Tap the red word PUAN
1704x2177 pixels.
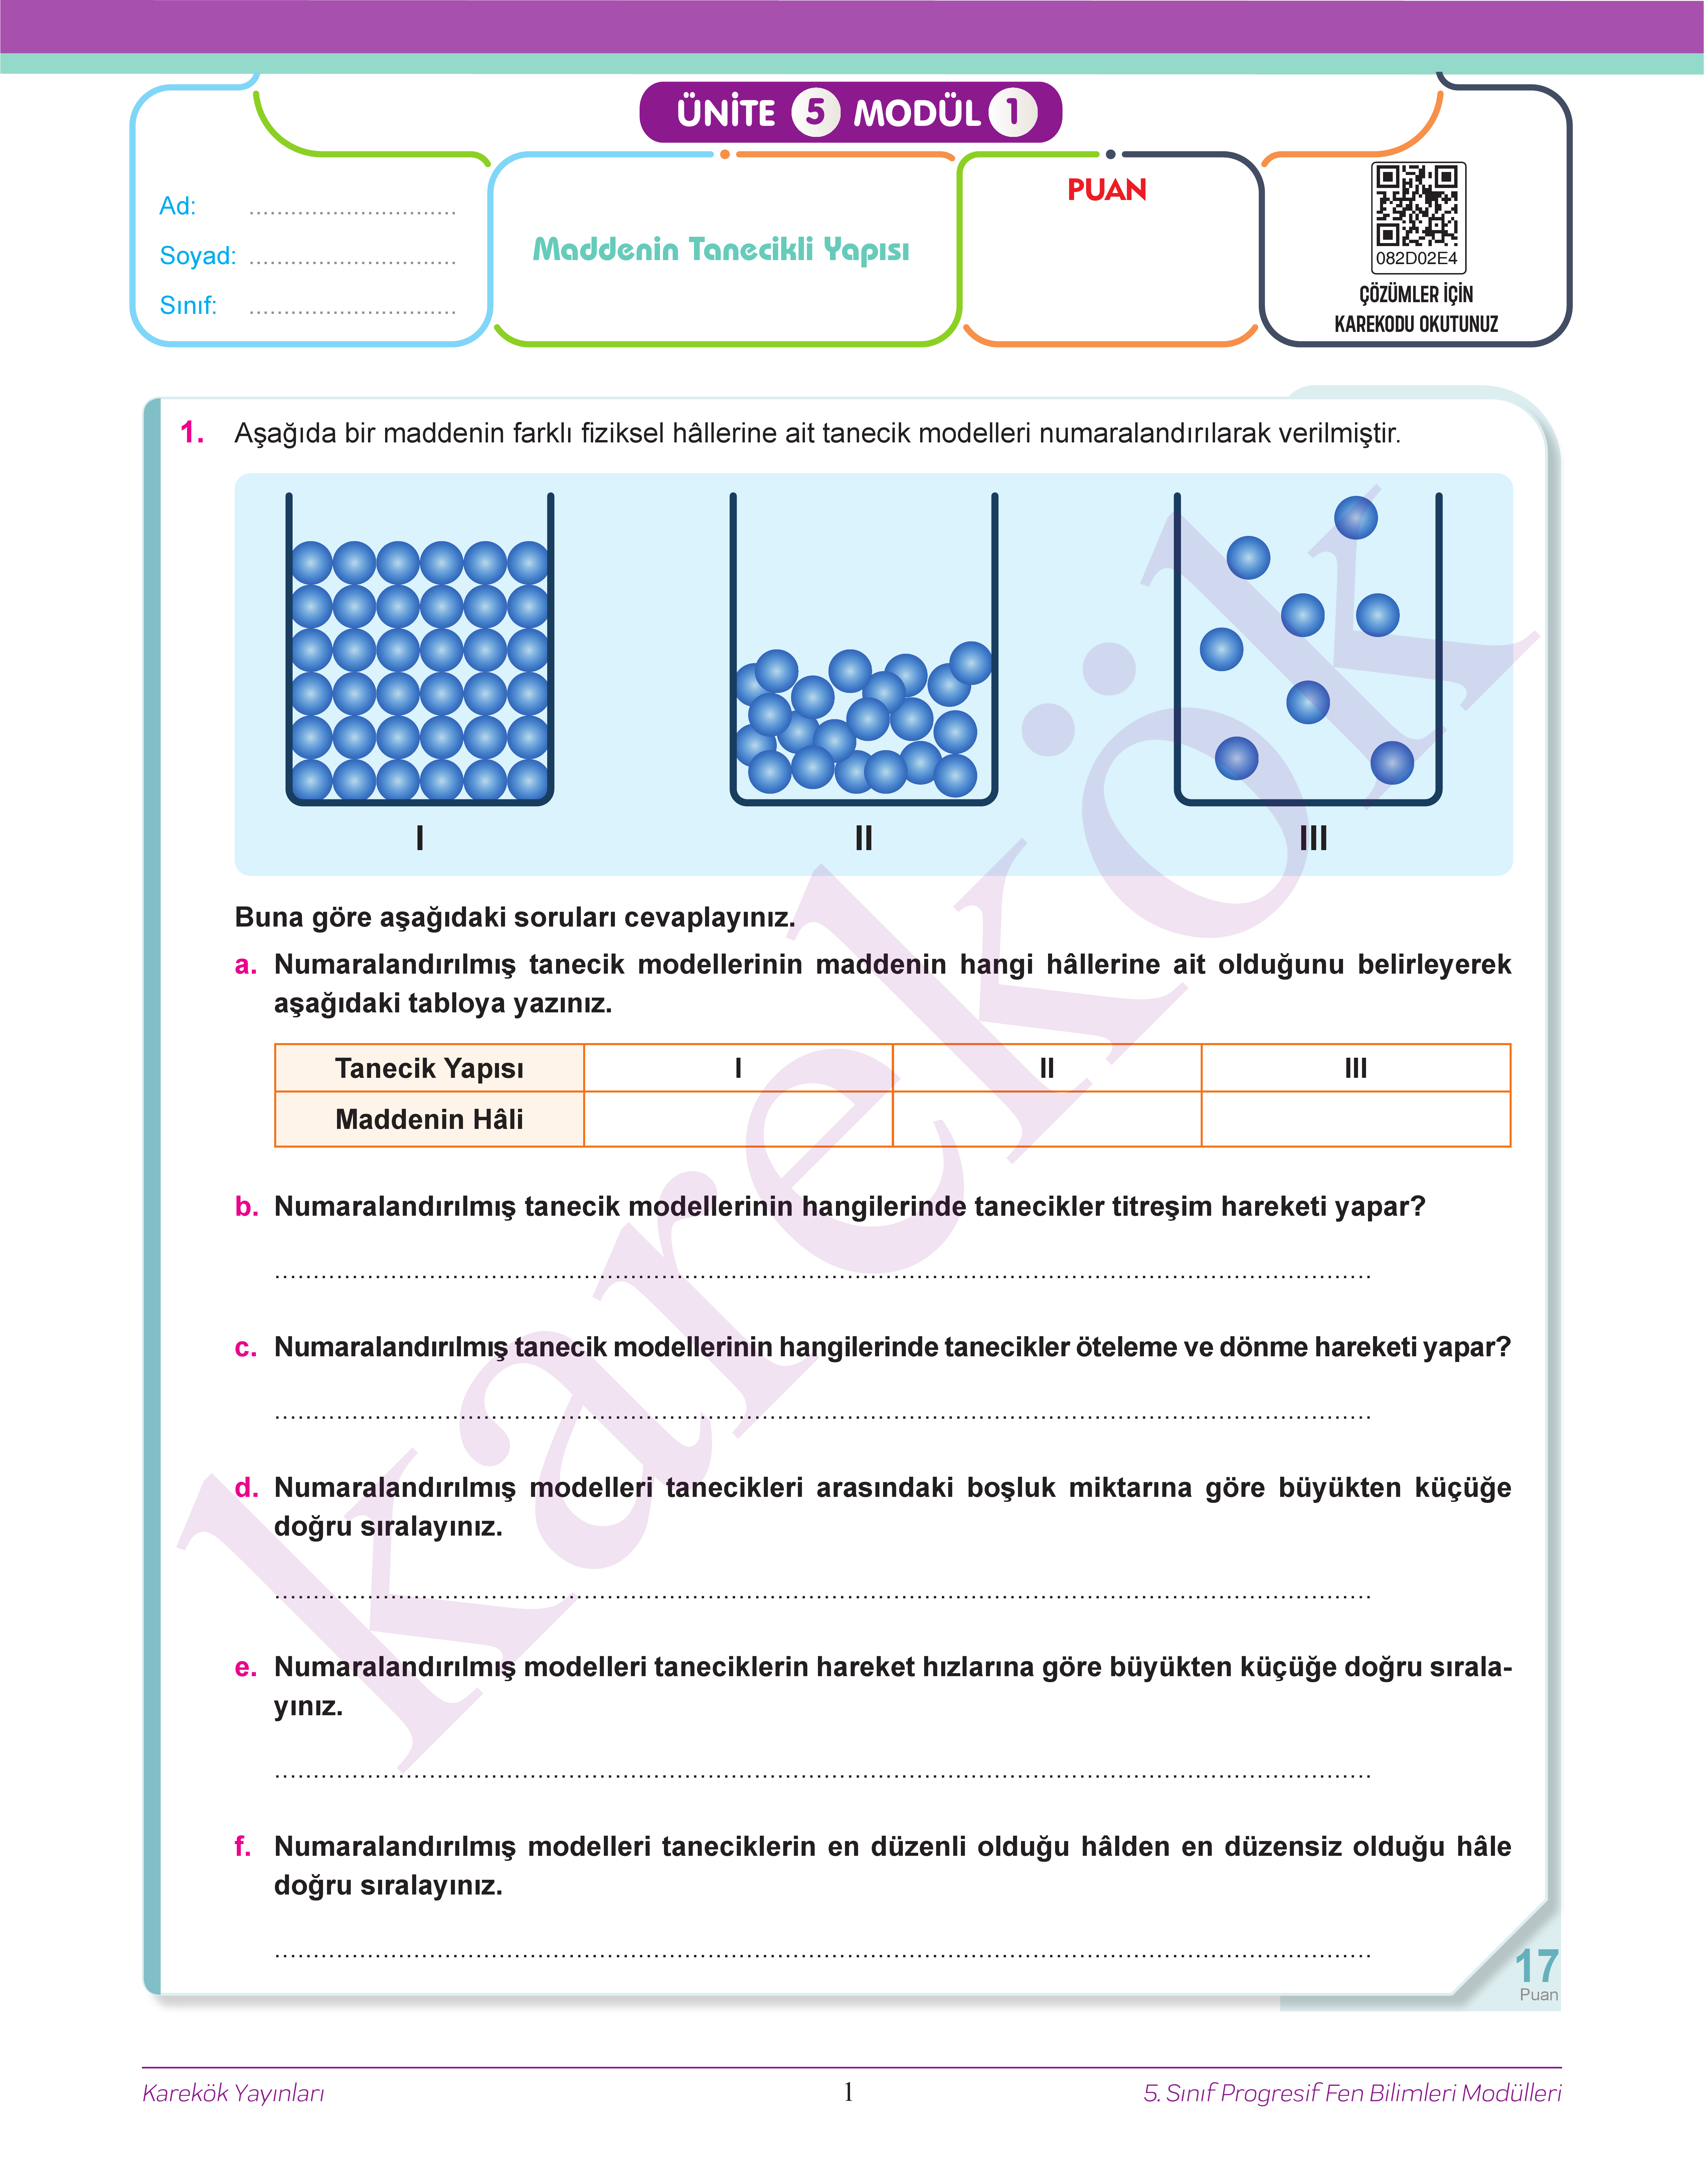[x=1106, y=189]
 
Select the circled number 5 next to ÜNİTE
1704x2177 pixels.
[x=815, y=112]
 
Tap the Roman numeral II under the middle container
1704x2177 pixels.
[x=864, y=838]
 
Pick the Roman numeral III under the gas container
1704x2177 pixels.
[x=1313, y=838]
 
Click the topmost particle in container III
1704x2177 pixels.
[x=1356, y=518]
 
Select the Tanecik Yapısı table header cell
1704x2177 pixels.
[x=429, y=1068]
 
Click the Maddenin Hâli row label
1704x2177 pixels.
[x=429, y=1119]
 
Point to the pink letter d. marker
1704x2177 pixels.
[x=245, y=1488]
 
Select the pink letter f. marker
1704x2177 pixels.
[x=242, y=1846]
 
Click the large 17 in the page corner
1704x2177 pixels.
[x=1535, y=1967]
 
